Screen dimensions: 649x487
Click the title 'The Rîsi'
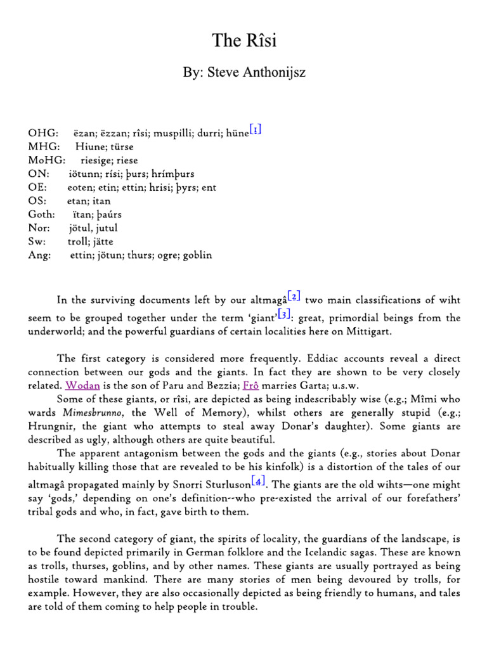point(243,41)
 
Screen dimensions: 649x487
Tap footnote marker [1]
point(256,130)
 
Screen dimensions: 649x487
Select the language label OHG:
point(43,134)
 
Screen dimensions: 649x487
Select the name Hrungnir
point(79,426)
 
